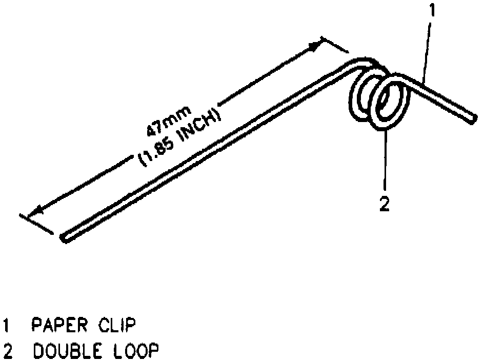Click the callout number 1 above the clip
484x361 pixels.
(x=432, y=10)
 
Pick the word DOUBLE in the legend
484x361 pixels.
(x=64, y=351)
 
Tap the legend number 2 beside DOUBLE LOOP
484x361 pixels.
(x=7, y=351)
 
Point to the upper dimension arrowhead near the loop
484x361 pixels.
(x=314, y=47)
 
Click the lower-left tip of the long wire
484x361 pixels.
(x=64, y=237)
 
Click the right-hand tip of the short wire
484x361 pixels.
(x=471, y=118)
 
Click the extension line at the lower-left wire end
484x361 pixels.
(x=36, y=223)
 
